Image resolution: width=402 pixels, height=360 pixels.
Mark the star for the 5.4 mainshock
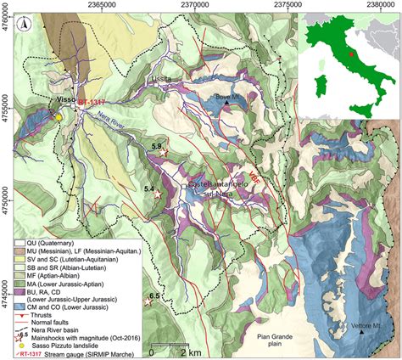[157, 195]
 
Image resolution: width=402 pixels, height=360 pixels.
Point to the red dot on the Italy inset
[349, 55]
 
